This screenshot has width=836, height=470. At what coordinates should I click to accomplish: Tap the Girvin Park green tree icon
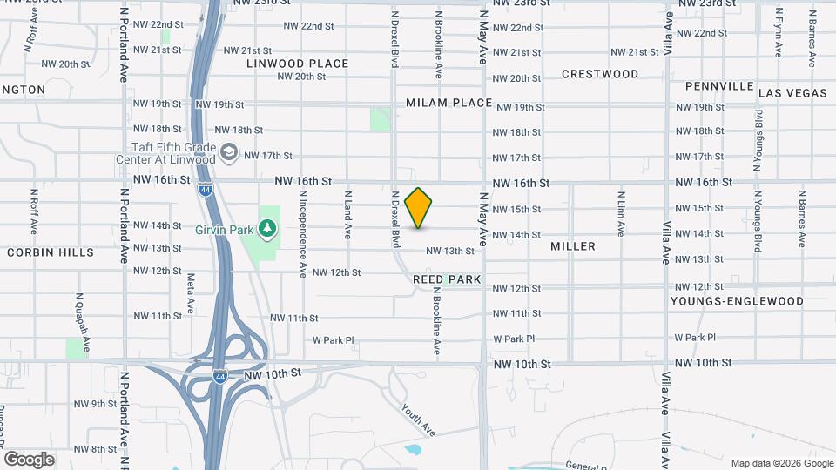(269, 229)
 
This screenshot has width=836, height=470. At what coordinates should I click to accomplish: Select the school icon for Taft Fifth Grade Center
(229, 153)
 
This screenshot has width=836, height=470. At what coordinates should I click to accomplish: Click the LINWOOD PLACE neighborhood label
(297, 64)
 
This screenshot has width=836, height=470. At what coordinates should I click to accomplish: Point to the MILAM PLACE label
(449, 103)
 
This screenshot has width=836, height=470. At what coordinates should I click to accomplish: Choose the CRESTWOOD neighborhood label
(600, 74)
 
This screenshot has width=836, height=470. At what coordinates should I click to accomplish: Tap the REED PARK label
(448, 279)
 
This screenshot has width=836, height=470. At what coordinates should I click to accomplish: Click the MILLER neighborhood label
(573, 246)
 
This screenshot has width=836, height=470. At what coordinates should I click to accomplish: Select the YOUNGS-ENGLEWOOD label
(737, 301)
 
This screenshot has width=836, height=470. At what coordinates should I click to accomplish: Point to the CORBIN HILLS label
(51, 252)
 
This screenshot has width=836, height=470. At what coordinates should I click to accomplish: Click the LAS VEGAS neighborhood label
(792, 92)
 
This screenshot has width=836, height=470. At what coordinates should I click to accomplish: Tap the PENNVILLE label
(718, 86)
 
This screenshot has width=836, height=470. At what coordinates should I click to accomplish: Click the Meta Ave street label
(190, 295)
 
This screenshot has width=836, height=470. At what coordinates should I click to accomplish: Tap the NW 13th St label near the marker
(449, 251)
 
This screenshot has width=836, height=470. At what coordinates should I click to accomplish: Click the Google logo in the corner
(29, 460)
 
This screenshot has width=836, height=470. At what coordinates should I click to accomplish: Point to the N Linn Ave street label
(621, 214)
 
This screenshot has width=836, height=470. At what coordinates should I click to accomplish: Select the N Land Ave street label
(347, 215)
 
